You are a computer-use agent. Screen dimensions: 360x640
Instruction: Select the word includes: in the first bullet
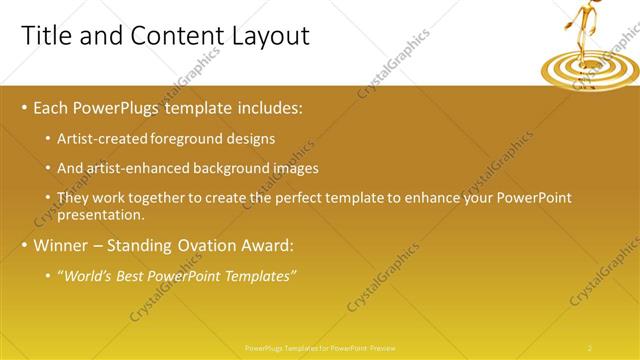(268, 107)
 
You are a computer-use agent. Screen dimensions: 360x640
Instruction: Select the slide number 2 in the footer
(590, 347)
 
